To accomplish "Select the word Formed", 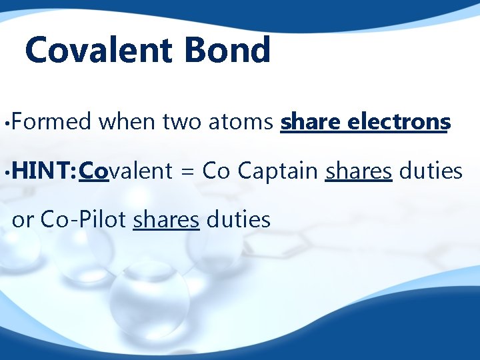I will (x=51, y=122).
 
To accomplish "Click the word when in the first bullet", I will (x=126, y=122).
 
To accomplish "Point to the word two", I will (x=182, y=122).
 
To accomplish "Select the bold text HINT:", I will (x=44, y=171).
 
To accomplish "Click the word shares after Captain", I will (x=358, y=171).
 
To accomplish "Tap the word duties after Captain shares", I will (x=430, y=171).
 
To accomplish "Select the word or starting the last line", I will (x=22, y=219).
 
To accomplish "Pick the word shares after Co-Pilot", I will (x=166, y=219).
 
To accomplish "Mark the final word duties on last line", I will (x=238, y=219).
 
